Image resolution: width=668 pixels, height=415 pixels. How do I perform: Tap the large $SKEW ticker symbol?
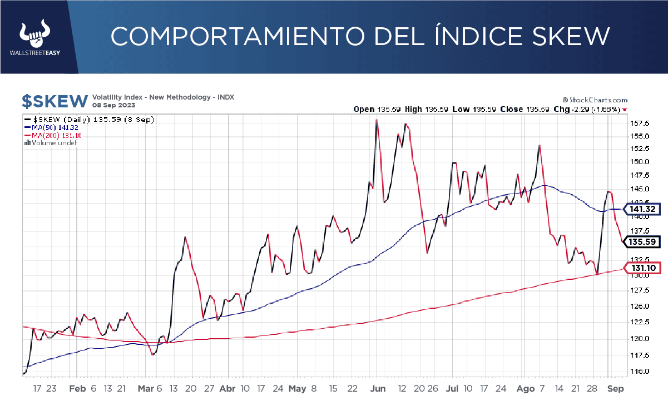tap(55, 101)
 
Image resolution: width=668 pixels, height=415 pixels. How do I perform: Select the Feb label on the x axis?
tap(77, 389)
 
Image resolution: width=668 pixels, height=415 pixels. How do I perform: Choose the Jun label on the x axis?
tap(378, 389)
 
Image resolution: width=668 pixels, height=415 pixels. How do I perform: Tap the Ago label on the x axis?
tap(524, 389)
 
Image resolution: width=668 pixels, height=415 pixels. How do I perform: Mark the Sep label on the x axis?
tap(615, 389)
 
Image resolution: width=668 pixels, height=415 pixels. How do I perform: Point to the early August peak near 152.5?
tap(539, 146)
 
